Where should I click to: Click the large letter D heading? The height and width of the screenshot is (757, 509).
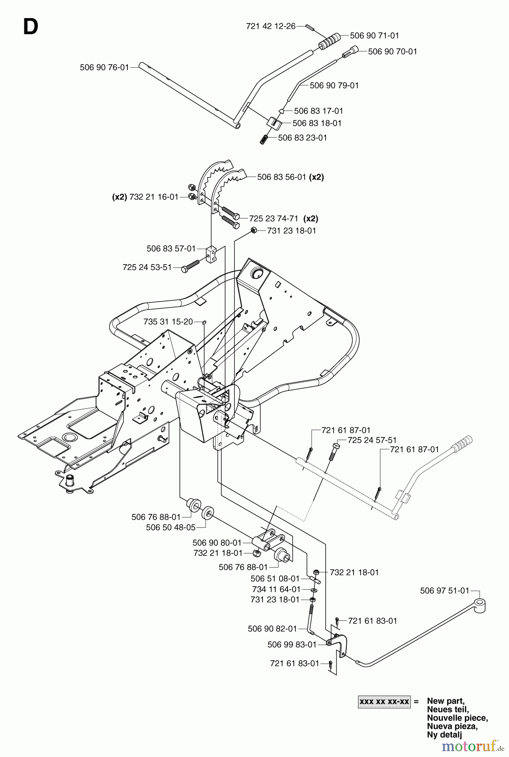30,27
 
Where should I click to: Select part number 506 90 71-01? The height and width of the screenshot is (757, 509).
374,36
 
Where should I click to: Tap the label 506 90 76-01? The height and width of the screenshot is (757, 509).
104,67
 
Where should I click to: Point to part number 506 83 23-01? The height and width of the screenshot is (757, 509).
302,138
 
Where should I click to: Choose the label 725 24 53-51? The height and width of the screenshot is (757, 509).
147,267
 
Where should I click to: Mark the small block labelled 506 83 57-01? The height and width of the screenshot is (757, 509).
211,254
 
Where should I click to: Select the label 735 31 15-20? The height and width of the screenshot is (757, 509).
168,322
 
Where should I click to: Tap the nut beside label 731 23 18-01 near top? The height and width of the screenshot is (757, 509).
253,230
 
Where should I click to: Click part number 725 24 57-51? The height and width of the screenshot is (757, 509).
372,440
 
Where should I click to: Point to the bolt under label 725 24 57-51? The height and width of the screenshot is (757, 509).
333,453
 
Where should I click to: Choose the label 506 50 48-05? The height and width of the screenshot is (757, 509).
171,527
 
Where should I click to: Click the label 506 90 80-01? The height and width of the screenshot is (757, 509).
217,543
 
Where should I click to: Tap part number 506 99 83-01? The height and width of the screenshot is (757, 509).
292,645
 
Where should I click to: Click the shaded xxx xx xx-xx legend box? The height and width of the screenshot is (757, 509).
384,702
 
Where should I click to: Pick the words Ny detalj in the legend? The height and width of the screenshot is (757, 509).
444,735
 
